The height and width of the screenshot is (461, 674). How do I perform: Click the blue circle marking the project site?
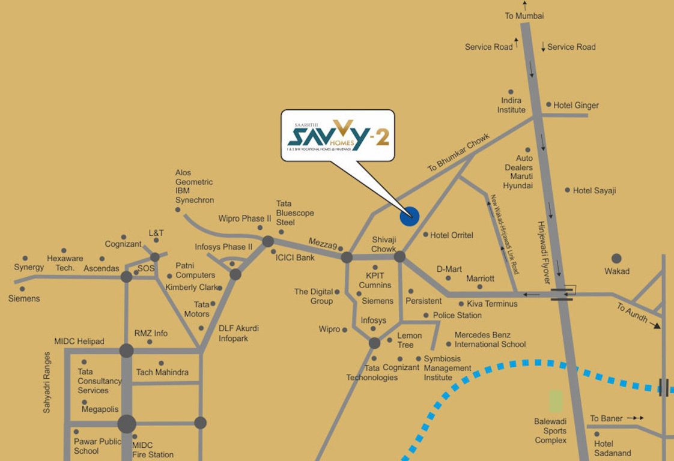click(x=409, y=215)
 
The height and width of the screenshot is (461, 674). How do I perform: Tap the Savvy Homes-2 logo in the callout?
click(x=338, y=135)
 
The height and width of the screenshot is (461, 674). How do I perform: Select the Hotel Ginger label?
click(x=575, y=106)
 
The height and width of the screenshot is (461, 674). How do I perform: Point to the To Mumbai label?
click(x=524, y=16)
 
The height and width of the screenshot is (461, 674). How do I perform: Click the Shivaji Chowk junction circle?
click(x=399, y=257)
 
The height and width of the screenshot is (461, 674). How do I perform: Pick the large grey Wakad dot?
click(x=616, y=259)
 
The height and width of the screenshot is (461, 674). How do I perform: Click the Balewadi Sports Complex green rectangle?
click(x=556, y=401)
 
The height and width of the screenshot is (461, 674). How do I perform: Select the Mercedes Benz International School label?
click(x=490, y=340)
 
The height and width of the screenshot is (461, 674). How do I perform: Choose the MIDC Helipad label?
click(x=79, y=342)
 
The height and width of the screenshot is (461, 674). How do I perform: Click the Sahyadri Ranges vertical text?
click(x=47, y=382)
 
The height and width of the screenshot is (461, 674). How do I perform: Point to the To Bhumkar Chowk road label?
click(x=458, y=152)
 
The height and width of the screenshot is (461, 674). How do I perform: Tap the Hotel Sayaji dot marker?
click(x=567, y=190)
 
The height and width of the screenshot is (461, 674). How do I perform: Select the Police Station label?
click(x=457, y=315)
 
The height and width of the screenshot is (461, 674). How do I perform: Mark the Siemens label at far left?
click(x=24, y=298)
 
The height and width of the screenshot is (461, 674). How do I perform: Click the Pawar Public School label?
click(x=97, y=446)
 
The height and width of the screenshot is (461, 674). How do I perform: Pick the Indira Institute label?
click(x=511, y=105)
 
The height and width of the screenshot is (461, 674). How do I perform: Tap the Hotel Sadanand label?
click(x=612, y=448)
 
